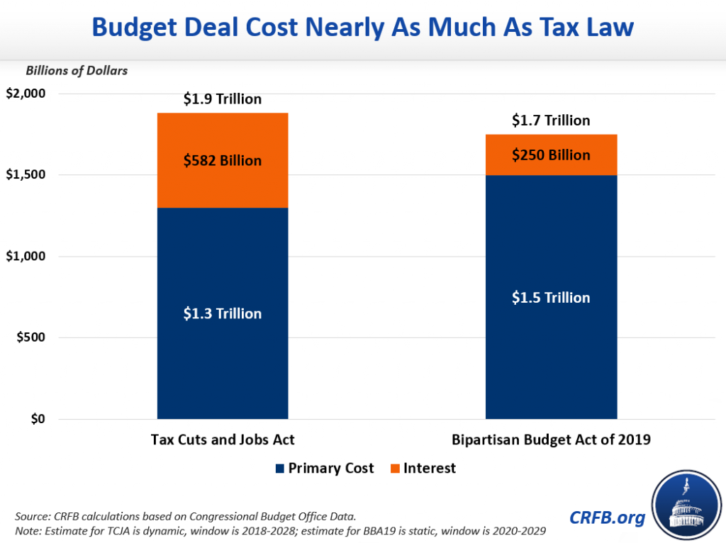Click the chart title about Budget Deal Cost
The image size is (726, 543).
tap(362, 28)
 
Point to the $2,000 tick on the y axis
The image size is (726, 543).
tap(26, 94)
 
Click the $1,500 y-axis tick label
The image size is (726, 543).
tap(26, 175)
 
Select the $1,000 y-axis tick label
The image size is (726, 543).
tap(26, 257)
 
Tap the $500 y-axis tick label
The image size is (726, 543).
tap(30, 337)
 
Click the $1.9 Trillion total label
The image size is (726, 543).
tap(223, 99)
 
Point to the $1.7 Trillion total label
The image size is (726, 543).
tap(551, 121)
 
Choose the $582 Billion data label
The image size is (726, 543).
tap(223, 160)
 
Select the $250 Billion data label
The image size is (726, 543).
tap(551, 155)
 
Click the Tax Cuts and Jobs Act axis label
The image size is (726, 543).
tap(223, 440)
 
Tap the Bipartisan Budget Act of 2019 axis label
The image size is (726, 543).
tap(551, 440)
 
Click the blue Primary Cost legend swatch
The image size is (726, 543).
tap(279, 469)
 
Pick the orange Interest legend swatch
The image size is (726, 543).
tap(394, 469)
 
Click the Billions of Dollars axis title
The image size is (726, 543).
tap(77, 71)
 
